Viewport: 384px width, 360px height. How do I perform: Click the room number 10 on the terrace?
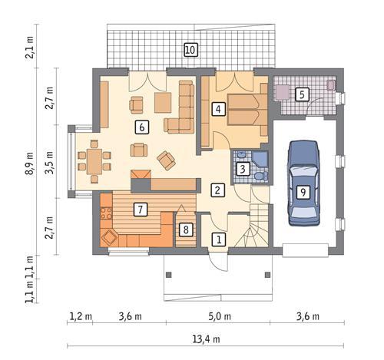click(x=190, y=50)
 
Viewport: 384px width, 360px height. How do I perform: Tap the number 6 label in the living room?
click(x=142, y=127)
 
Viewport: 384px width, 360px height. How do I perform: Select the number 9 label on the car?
click(x=303, y=192)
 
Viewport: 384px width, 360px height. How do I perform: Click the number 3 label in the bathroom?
click(x=243, y=169)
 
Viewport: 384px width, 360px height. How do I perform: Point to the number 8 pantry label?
click(x=186, y=230)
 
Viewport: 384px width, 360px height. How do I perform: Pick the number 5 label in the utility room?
click(x=302, y=94)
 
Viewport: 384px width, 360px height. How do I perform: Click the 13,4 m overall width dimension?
click(x=206, y=339)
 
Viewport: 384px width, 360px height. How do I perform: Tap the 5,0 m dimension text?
click(x=220, y=316)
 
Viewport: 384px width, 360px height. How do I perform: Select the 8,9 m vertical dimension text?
click(x=29, y=163)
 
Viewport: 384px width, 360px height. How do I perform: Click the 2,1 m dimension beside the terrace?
click(x=29, y=48)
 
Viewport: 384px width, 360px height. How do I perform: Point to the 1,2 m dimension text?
click(x=81, y=316)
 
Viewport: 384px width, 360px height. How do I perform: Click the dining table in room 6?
click(x=94, y=162)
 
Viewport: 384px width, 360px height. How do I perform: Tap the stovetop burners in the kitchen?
click(x=106, y=213)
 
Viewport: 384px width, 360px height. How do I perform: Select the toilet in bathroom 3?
click(x=261, y=177)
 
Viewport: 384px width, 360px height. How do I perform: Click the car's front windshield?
click(x=304, y=172)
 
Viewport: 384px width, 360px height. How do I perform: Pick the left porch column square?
click(x=169, y=275)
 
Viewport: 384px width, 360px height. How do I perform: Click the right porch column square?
click(x=267, y=275)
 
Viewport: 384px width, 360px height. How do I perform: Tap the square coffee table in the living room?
click(x=163, y=102)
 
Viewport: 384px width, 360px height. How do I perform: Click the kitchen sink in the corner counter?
click(x=110, y=238)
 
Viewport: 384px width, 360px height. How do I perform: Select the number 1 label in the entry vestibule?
click(x=219, y=239)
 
